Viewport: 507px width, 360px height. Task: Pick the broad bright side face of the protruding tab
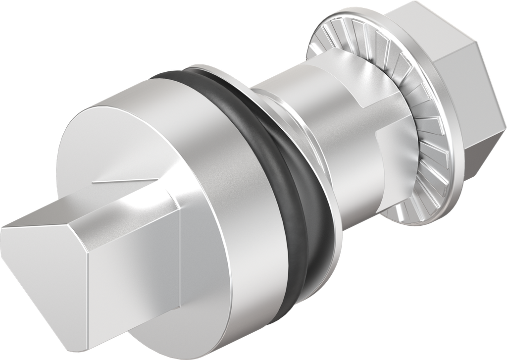pyautogui.click(x=134, y=277)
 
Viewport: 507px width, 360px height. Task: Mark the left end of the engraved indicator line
pyautogui.click(x=93, y=184)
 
